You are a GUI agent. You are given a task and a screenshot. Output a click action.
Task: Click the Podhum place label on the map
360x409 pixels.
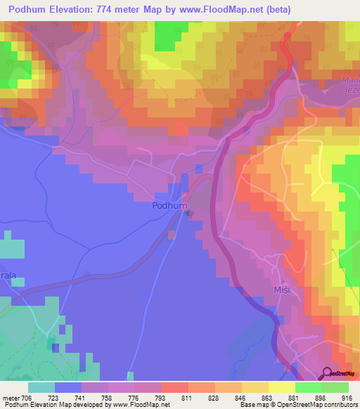(x=169, y=206)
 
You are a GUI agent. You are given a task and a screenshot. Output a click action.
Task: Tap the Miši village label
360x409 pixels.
(x=281, y=290)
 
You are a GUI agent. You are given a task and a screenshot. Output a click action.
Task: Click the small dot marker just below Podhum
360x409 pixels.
(x=186, y=214)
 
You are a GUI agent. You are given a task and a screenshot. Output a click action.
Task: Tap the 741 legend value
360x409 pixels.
(x=89, y=397)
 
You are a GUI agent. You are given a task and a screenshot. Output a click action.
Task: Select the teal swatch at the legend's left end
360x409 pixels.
(x=41, y=387)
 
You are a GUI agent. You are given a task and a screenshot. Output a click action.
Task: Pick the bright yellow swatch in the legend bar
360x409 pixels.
(x=281, y=387)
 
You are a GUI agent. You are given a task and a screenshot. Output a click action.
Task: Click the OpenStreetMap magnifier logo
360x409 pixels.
(x=328, y=375)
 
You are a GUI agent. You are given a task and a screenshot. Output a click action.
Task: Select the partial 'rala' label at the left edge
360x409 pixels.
(x=8, y=277)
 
